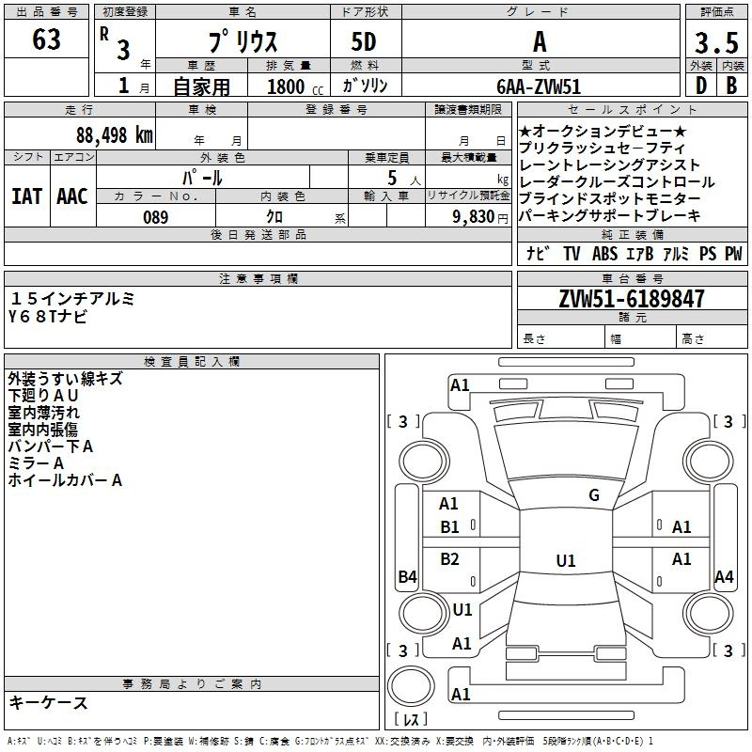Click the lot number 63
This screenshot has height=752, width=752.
pyautogui.click(x=46, y=39)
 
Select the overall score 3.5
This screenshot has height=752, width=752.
pyautogui.click(x=716, y=42)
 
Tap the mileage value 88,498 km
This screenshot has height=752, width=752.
pyautogui.click(x=114, y=135)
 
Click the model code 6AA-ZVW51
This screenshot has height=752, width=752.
pyautogui.click(x=539, y=86)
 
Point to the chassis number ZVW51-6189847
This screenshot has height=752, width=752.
pyautogui.click(x=632, y=299)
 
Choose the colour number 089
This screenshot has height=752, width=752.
pyautogui.click(x=156, y=217)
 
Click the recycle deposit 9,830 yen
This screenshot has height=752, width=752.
pyautogui.click(x=479, y=217)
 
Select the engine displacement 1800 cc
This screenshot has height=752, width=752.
pyautogui.click(x=295, y=86)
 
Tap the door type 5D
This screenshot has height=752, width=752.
pyautogui.click(x=364, y=42)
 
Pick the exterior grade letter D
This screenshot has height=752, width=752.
pyautogui.click(x=700, y=86)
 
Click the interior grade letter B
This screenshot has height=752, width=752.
pyautogui.click(x=731, y=86)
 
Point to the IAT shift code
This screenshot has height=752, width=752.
pyautogui.click(x=27, y=196)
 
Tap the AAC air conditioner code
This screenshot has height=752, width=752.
pyautogui.click(x=72, y=196)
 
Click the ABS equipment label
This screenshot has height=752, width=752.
pyautogui.click(x=604, y=254)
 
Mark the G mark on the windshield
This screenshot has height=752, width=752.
pyautogui.click(x=594, y=495)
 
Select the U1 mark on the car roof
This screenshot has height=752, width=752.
pyautogui.click(x=566, y=560)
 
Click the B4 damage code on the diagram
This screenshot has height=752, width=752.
pyautogui.click(x=408, y=576)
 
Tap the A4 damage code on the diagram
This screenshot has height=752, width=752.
pyautogui.click(x=724, y=576)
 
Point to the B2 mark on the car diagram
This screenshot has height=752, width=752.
pyautogui.click(x=449, y=559)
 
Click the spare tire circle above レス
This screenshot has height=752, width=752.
pyautogui.click(x=411, y=687)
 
